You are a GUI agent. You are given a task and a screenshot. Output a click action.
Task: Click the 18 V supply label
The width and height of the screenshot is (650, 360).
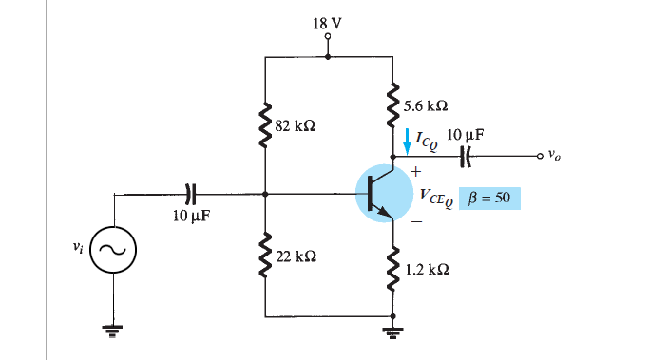pyautogui.click(x=327, y=22)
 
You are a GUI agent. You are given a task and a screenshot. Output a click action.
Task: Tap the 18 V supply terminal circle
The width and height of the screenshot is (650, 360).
pyautogui.click(x=327, y=39)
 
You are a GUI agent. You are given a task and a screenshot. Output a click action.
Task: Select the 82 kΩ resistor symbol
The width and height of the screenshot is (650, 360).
pyautogui.click(x=265, y=123)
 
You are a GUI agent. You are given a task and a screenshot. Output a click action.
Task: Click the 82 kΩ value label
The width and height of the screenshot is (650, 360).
pyautogui.click(x=295, y=124)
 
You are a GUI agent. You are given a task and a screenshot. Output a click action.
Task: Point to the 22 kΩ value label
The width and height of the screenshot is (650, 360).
pyautogui.click(x=295, y=257)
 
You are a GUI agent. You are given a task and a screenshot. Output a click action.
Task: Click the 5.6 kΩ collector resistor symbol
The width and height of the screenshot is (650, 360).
pyautogui.click(x=391, y=104)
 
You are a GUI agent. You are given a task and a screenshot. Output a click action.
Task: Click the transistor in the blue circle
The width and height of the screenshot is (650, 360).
pyautogui.click(x=380, y=193)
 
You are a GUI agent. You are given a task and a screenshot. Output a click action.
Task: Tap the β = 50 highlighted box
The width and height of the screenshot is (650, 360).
pyautogui.click(x=490, y=199)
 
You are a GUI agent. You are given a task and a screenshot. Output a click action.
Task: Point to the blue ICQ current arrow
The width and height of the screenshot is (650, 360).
pyautogui.click(x=409, y=142)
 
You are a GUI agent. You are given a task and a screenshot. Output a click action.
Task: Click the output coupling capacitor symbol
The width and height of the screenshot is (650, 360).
pyautogui.click(x=467, y=156)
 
